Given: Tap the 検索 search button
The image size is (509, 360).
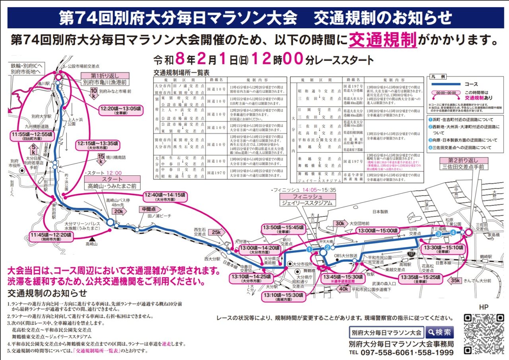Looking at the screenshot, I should click(439, 332).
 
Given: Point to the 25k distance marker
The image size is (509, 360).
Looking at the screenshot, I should click(216, 232).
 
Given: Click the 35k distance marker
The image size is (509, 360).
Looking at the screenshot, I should click(455, 280).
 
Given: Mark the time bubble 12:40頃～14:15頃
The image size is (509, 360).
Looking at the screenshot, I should click(165, 197).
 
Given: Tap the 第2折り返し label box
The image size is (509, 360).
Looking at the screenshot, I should click(463, 160).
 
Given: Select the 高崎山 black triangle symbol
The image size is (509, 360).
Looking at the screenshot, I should click(93, 239).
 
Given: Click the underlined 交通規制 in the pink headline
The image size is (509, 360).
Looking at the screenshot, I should click(383, 40).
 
